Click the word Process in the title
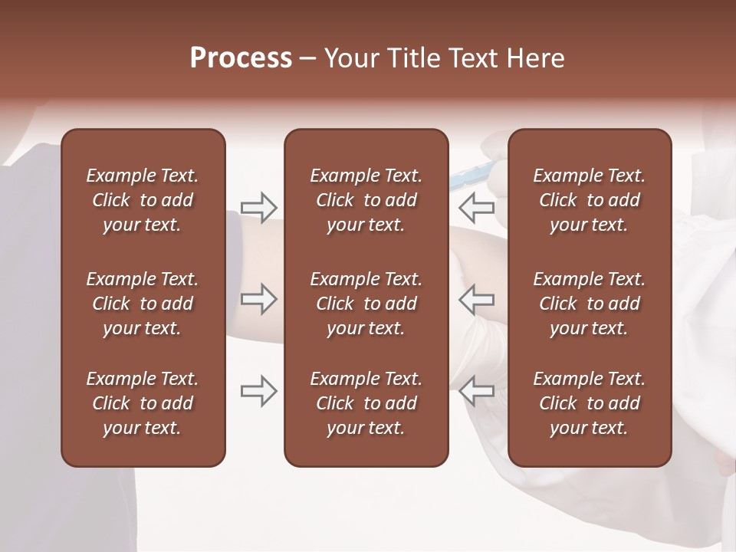coord(241,58)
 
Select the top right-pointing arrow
coord(259,207)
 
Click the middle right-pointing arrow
coord(259,299)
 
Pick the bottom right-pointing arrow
coord(259,391)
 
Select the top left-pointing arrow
coord(477,207)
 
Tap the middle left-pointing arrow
coord(477,299)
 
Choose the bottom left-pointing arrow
coord(477,391)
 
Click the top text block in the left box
coord(143,200)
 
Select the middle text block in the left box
coord(143,304)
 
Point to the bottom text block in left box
coord(143,403)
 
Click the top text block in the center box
coord(366,200)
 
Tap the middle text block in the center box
coord(366,304)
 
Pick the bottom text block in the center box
coord(366,403)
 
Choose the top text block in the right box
coord(590,200)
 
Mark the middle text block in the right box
coord(590,304)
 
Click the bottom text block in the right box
coord(590,403)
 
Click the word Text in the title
coord(477,58)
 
